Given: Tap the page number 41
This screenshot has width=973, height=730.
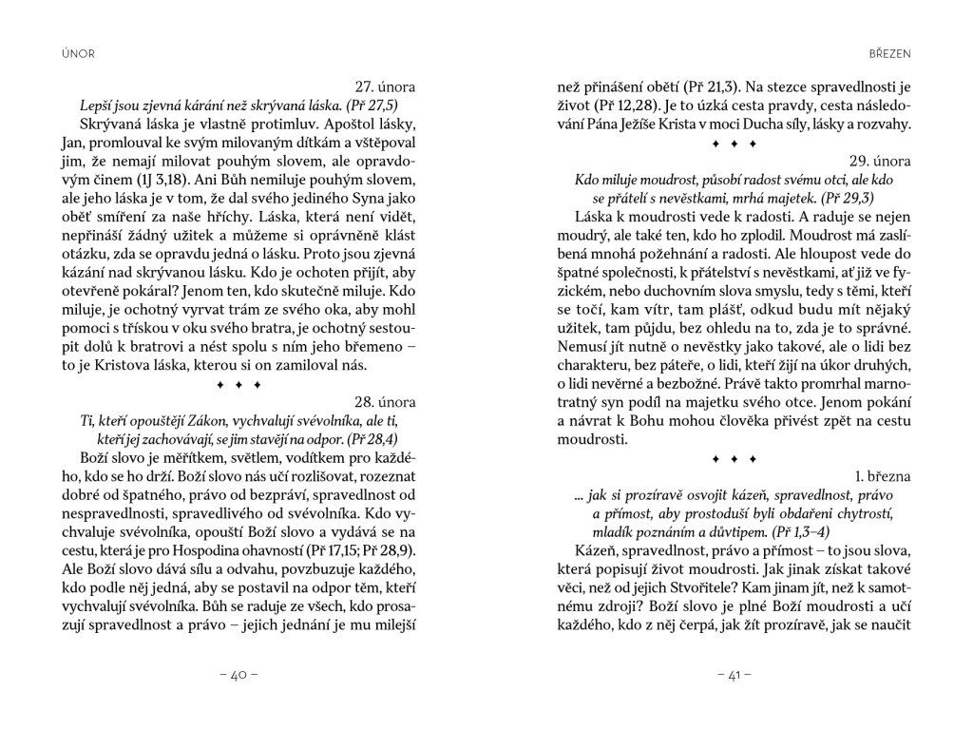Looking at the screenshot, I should point(735,676).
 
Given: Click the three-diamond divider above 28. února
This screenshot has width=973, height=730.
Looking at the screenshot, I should point(238,385).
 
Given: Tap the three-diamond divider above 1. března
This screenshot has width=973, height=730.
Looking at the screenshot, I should point(735,459).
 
